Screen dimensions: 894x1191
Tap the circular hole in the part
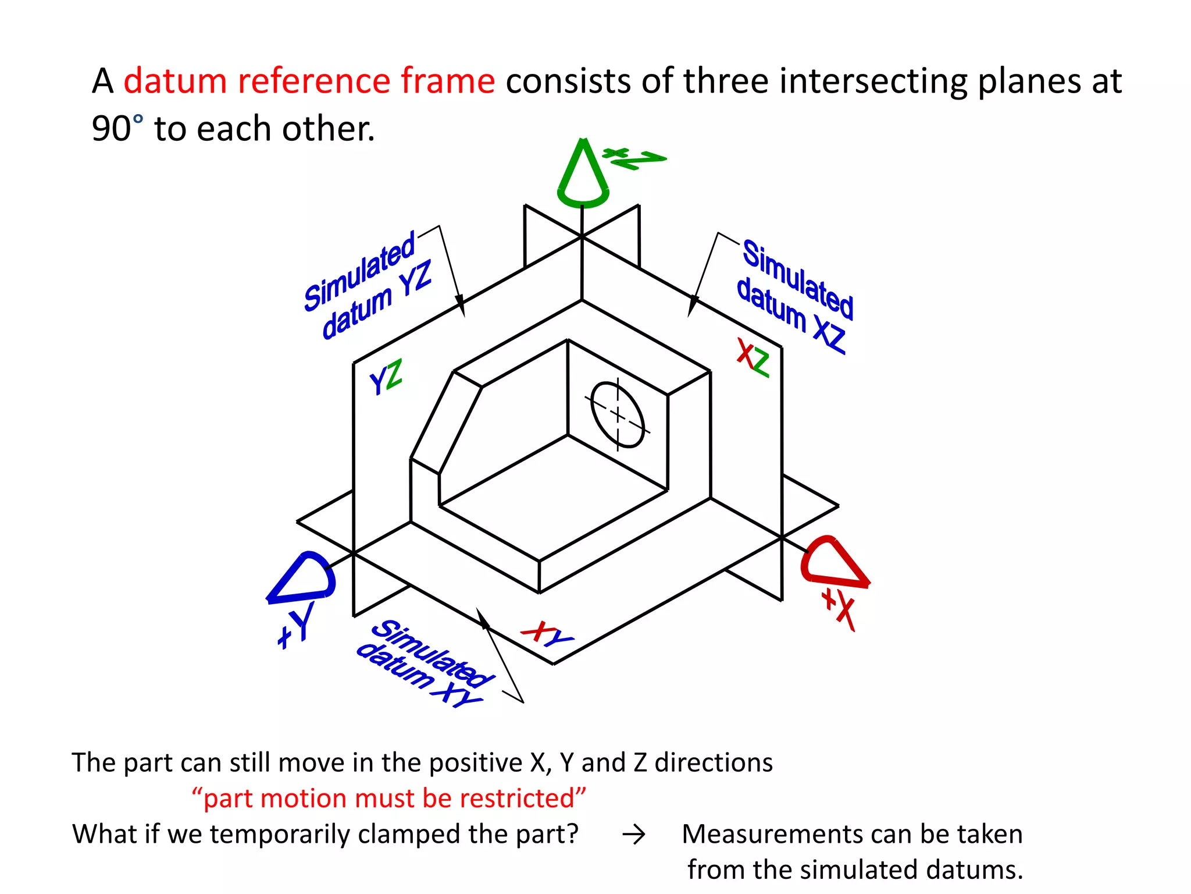click(618, 414)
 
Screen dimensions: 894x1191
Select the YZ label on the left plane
click(386, 377)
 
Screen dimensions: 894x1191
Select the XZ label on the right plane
click(753, 357)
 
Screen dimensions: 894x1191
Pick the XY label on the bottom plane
click(547, 634)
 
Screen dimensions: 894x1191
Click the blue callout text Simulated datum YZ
click(368, 285)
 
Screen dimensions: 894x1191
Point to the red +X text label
click(839, 609)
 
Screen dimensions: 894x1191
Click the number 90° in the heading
click(116, 129)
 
